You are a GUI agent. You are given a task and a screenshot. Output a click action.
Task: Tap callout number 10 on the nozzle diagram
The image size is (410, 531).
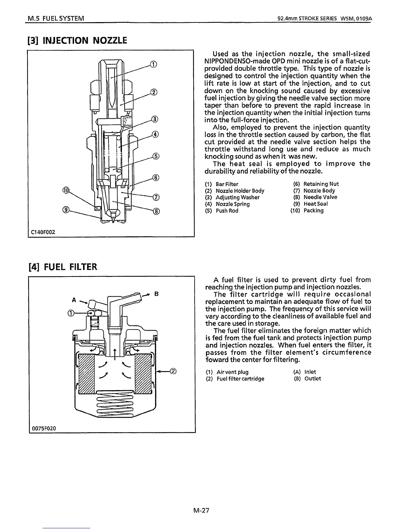(x=66, y=190)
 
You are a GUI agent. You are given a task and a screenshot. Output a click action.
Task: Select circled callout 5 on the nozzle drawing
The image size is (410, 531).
(x=155, y=156)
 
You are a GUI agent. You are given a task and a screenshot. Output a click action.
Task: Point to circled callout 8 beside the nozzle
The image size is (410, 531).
(x=156, y=211)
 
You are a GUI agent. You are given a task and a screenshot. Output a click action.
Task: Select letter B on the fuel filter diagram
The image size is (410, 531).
(x=156, y=294)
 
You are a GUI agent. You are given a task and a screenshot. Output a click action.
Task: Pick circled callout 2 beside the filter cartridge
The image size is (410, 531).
(x=173, y=371)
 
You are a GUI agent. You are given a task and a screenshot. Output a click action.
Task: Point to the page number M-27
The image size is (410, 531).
(x=201, y=511)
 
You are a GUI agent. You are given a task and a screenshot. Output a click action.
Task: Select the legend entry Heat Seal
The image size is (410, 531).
(x=316, y=204)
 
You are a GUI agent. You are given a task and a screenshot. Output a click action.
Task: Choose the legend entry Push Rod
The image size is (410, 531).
(x=227, y=211)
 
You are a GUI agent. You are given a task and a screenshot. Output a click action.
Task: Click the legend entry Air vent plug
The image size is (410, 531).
(x=232, y=372)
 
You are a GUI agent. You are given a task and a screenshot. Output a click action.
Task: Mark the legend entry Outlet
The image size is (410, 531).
(x=313, y=378)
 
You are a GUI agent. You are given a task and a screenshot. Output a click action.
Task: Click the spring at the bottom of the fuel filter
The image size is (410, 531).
(x=115, y=403)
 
